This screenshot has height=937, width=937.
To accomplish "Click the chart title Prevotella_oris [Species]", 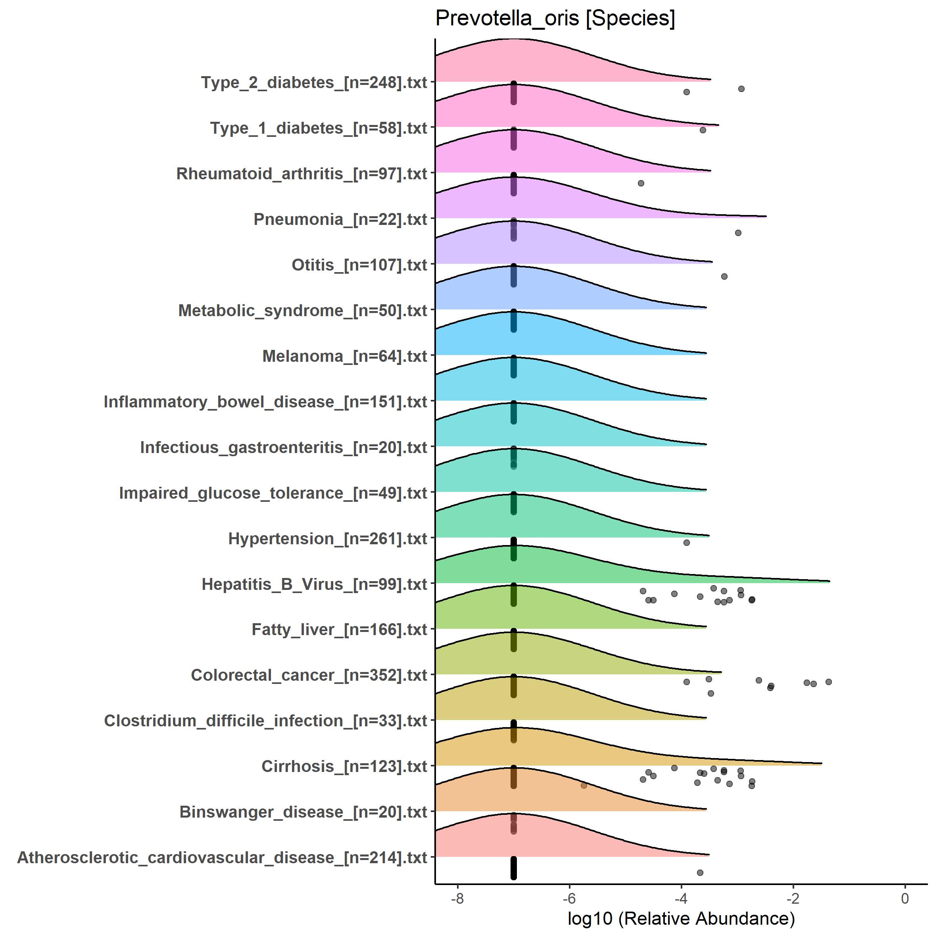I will (555, 18).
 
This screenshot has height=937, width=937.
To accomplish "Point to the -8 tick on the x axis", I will (457, 898).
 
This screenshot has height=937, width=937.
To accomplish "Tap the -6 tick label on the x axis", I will (569, 898).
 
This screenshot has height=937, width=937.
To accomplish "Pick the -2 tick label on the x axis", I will (793, 898).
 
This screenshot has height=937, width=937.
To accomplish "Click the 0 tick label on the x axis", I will (904, 898).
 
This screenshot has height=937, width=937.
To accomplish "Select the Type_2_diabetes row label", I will (314, 83).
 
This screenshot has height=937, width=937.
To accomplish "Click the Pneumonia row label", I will (340, 219).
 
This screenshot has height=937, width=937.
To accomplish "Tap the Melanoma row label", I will (344, 356).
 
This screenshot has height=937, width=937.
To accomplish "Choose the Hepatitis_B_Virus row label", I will (314, 584).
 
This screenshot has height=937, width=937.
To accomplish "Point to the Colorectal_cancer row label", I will (309, 675).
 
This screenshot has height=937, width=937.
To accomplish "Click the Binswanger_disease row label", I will (303, 812).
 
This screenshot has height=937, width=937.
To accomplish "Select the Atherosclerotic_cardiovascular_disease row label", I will (222, 857).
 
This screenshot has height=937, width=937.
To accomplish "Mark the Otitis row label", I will (359, 265).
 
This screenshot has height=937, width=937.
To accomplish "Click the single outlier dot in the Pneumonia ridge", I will (641, 183).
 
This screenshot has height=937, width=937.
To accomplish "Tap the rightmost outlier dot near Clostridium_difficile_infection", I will (828, 682).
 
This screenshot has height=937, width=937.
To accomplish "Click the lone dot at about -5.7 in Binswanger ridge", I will (584, 785).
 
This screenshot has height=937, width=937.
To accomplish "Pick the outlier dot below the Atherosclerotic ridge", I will (700, 872).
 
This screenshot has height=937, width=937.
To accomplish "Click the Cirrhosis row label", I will (344, 766).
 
